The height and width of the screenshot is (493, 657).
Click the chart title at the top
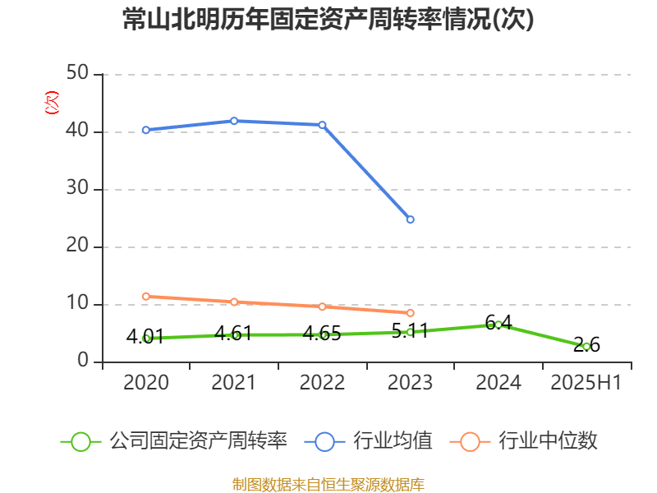click(328, 20)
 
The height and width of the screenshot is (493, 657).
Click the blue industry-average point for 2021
click(234, 121)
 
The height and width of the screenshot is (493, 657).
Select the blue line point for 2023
click(411, 219)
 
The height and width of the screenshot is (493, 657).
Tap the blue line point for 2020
click(145, 130)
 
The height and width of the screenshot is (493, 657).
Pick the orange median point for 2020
click(145, 296)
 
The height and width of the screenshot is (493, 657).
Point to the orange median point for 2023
click(411, 313)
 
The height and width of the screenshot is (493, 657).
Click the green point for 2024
click(498, 325)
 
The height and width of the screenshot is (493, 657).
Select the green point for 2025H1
click(586, 347)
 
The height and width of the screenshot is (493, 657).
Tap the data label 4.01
click(145, 336)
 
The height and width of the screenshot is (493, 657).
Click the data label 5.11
click(411, 333)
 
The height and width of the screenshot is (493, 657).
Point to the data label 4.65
click(322, 334)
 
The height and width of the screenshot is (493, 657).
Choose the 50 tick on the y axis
click(79, 75)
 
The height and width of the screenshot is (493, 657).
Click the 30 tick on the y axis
click(79, 190)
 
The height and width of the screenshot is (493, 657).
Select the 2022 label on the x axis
click(322, 383)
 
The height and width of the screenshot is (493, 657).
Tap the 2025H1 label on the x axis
click(586, 383)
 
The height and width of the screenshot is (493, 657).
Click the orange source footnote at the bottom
click(328, 484)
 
